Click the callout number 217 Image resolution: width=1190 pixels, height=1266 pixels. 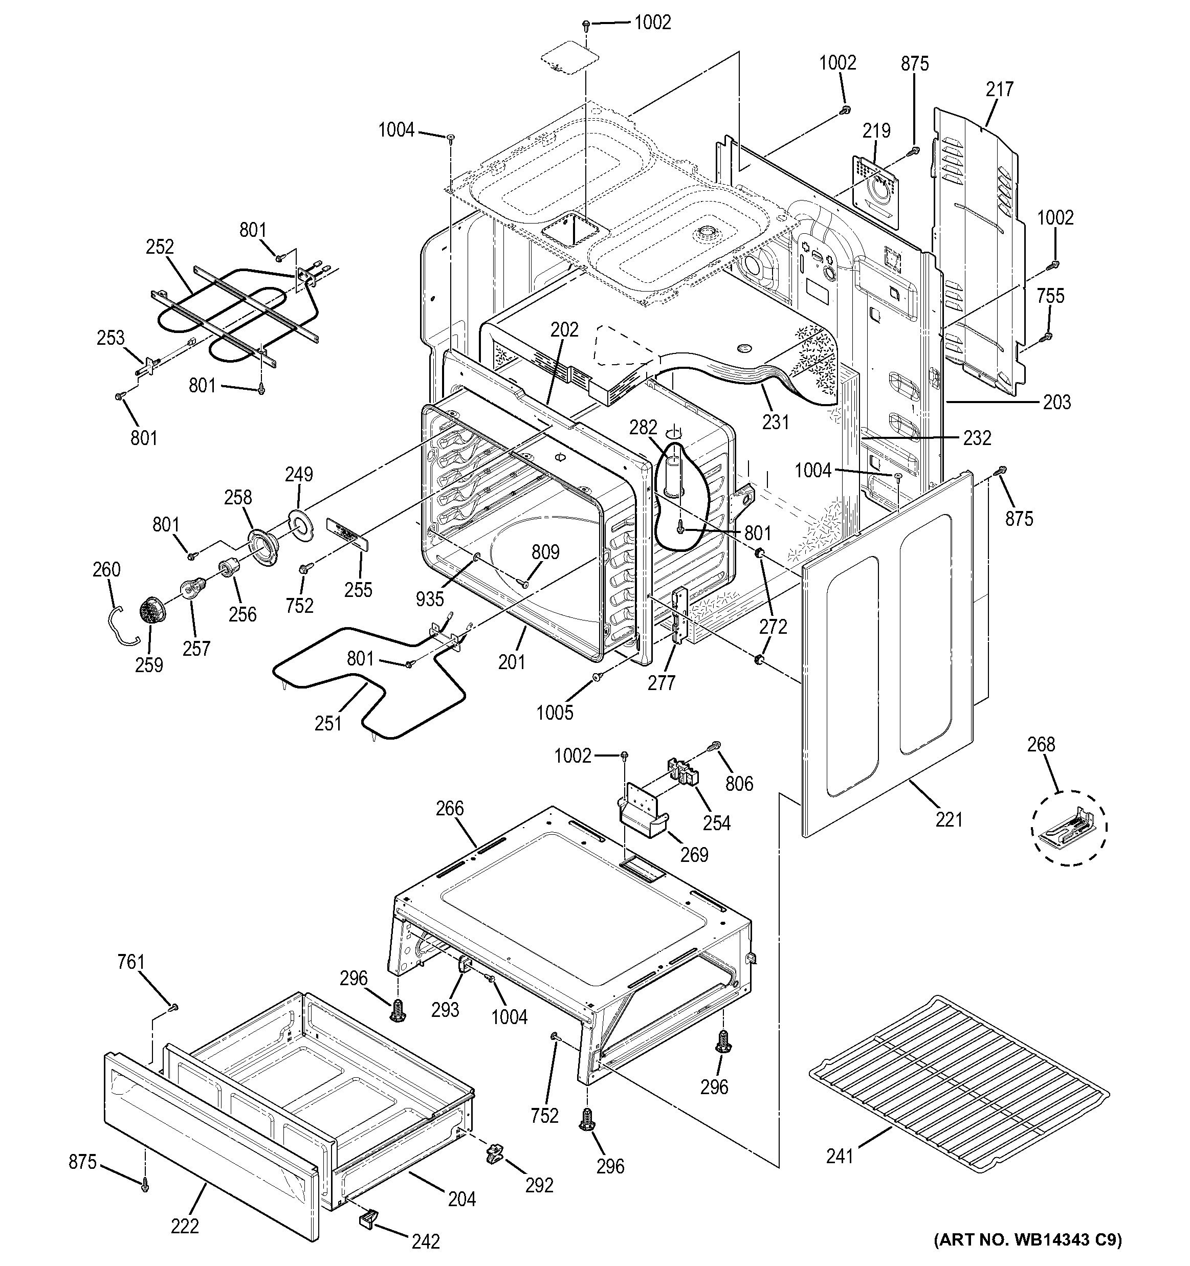[1000, 89]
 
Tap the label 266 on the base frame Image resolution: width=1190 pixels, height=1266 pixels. [450, 808]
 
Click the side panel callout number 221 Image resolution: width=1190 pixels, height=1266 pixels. [949, 819]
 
